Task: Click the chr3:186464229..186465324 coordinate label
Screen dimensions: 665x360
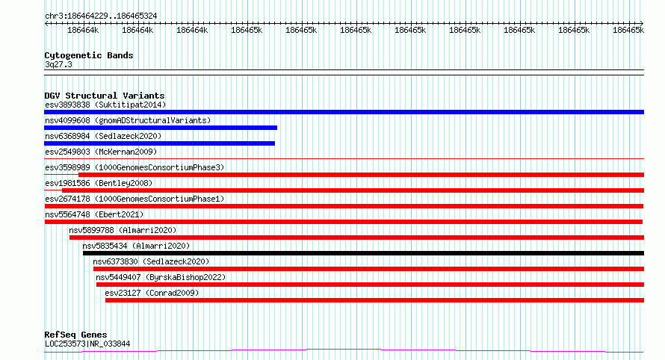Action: pyautogui.click(x=101, y=16)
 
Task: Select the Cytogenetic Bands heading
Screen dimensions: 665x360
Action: pyautogui.click(x=89, y=55)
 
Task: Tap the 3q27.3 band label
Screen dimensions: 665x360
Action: pyautogui.click(x=58, y=64)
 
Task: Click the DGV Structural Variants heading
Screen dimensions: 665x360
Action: pyautogui.click(x=105, y=96)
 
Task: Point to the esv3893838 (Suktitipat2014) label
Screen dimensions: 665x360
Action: pyautogui.click(x=105, y=105)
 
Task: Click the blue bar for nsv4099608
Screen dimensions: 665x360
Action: pyautogui.click(x=161, y=128)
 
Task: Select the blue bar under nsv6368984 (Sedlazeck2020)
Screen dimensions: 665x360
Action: pyautogui.click(x=159, y=143)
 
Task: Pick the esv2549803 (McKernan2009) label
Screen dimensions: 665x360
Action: pyautogui.click(x=101, y=152)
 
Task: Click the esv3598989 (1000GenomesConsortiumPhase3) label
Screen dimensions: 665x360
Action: pyautogui.click(x=134, y=167)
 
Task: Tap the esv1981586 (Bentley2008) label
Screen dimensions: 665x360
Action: pyautogui.click(x=99, y=183)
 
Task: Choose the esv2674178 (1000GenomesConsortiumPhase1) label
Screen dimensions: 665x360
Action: pyautogui.click(x=134, y=199)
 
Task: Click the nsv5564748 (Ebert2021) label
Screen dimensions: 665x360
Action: pyautogui.click(x=95, y=214)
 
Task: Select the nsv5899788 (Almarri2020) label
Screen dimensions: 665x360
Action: pyautogui.click(x=123, y=230)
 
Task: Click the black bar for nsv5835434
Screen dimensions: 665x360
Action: pyautogui.click(x=363, y=253)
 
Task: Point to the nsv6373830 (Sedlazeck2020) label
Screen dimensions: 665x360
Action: pyautogui.click(x=151, y=261)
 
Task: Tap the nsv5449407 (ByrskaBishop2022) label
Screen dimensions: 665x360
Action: pyautogui.click(x=161, y=277)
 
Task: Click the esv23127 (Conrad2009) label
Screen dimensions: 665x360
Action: pyautogui.click(x=152, y=293)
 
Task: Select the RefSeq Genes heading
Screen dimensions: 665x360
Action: pyautogui.click(x=75, y=335)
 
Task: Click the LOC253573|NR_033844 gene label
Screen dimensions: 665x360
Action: pyautogui.click(x=87, y=344)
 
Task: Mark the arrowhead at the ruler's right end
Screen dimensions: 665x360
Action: pyautogui.click(x=642, y=23)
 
